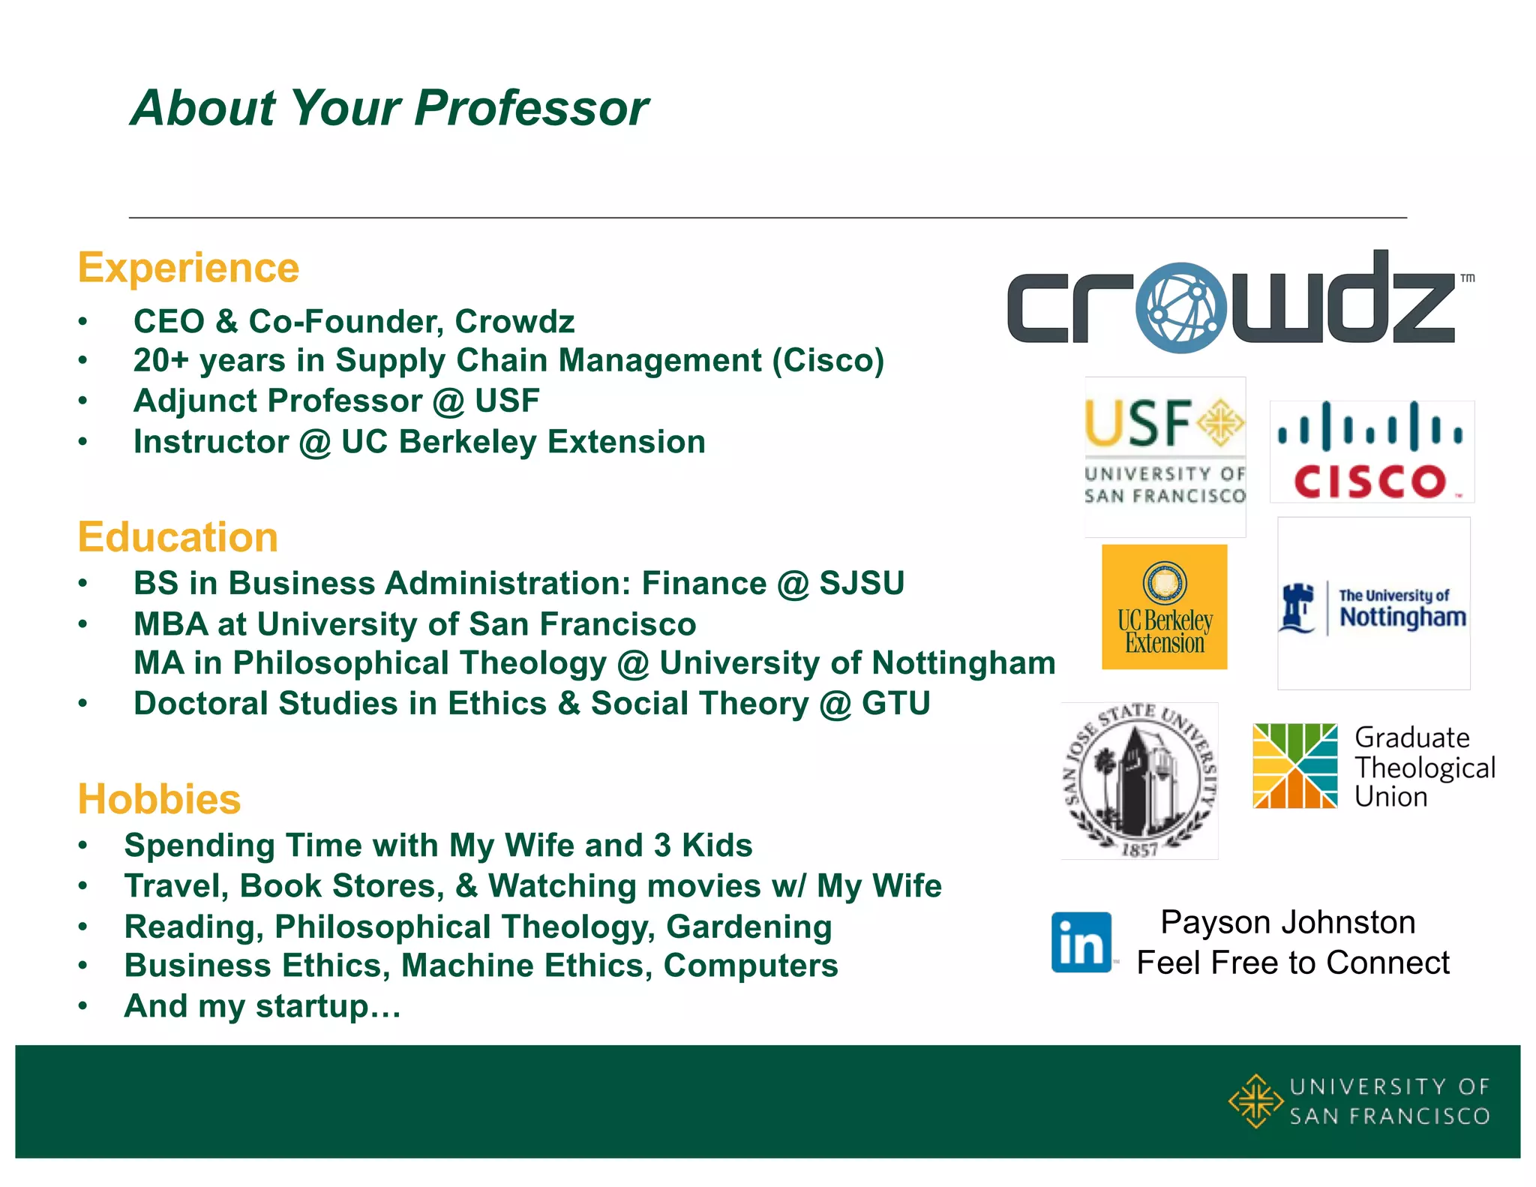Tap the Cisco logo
[1371, 452]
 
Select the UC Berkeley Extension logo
[1164, 607]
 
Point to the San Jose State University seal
[1139, 780]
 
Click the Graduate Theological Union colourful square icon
[1294, 766]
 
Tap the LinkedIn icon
[1081, 942]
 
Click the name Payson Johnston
[1288, 922]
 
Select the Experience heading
[188, 268]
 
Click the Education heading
[178, 537]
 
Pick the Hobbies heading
[159, 799]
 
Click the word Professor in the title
[531, 108]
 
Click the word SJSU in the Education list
[862, 583]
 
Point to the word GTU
[895, 704]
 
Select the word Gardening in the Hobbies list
[748, 927]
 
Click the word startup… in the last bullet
[328, 1006]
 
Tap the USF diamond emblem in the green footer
[1255, 1101]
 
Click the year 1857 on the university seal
[1139, 850]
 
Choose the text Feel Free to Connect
[1293, 963]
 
